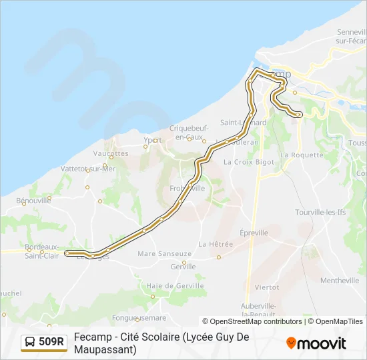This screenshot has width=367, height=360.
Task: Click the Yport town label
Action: click(x=153, y=140)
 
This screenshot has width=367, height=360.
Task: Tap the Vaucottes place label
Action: click(x=111, y=153)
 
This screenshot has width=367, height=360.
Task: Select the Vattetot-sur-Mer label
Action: click(x=88, y=169)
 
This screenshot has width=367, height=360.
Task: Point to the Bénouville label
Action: click(x=33, y=200)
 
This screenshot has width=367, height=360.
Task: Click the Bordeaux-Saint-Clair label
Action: click(x=42, y=251)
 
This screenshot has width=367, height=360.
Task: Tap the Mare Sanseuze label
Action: click(x=164, y=254)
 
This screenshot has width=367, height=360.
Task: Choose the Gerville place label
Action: click(x=183, y=266)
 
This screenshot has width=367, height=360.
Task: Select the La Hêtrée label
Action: click(x=216, y=244)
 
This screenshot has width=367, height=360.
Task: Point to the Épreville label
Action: click(x=254, y=233)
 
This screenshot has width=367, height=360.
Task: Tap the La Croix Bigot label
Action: click(x=249, y=161)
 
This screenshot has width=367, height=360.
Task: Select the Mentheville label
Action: click(x=339, y=281)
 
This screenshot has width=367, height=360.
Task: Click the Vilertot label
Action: click(x=266, y=287)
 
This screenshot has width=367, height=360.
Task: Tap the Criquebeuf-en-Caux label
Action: click(x=190, y=132)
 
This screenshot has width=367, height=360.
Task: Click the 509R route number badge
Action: click(x=51, y=342)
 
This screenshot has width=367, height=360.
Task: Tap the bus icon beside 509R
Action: click(x=30, y=342)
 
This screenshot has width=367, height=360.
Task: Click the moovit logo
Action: click(x=316, y=343)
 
